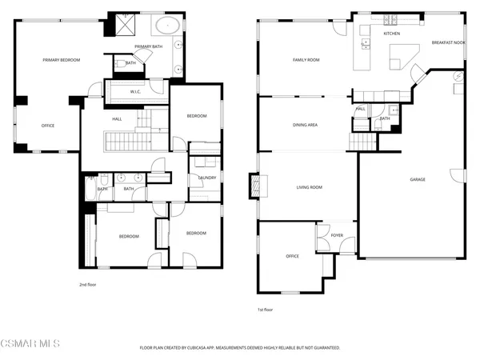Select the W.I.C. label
click(136, 92)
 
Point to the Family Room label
click(306, 60)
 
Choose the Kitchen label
click(391, 34)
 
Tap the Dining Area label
click(306, 125)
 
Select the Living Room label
click(309, 187)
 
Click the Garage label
click(418, 179)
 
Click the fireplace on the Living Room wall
click(256, 186)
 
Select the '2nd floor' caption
click(88, 284)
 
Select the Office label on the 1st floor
click(292, 256)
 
